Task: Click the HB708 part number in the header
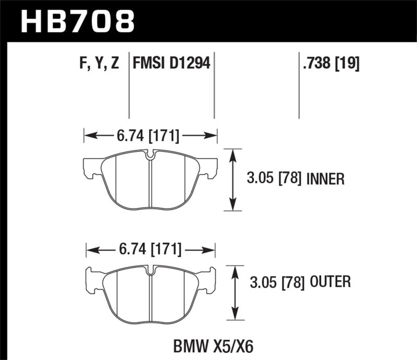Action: [77, 21]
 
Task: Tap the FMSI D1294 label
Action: [171, 64]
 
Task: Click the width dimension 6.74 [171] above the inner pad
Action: [150, 136]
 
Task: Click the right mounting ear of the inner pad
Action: [210, 168]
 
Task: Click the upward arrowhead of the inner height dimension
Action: [232, 153]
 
